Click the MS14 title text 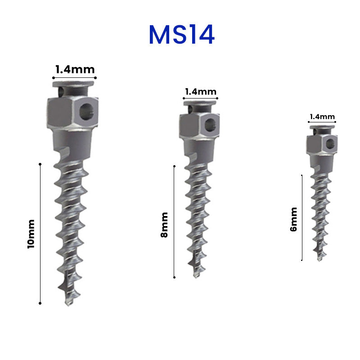tap(181, 35)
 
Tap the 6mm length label tap(294, 219)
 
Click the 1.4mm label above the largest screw tap(75, 69)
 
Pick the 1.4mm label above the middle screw tap(201, 91)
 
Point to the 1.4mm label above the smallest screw tap(322, 117)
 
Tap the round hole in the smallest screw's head tap(330, 144)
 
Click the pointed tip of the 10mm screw tap(69, 304)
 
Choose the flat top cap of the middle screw tap(200, 103)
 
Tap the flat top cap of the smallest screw tap(322, 127)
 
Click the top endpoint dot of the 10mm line tap(40, 165)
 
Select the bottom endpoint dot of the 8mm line tap(174, 277)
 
